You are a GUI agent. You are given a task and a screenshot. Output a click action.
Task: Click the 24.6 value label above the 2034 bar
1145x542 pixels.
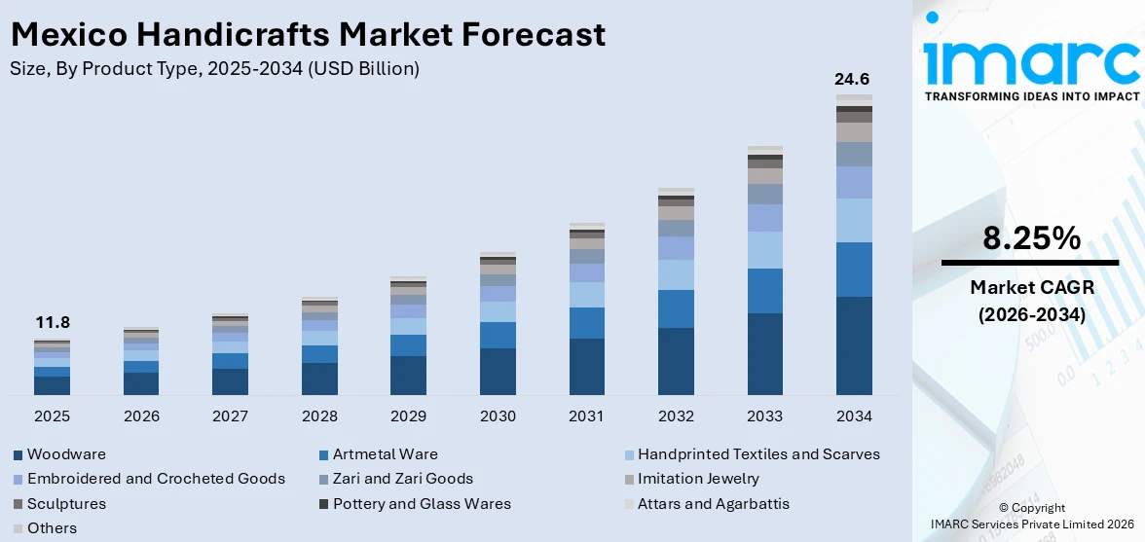pos(854,80)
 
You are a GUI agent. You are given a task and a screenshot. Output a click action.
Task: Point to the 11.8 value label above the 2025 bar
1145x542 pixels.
pos(52,323)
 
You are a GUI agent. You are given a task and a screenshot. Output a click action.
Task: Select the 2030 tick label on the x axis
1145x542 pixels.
pos(498,416)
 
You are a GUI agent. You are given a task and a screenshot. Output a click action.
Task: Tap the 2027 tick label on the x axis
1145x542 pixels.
pos(231,416)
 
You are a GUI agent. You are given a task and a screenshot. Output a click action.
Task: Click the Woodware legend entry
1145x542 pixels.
pos(66,454)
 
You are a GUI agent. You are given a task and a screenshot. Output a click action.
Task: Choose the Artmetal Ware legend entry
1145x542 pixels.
pos(385,454)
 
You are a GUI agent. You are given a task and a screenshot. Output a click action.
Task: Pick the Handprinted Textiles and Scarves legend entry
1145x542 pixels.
pos(758,454)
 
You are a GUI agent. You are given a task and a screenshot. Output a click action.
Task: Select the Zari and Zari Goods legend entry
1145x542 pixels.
pos(402,479)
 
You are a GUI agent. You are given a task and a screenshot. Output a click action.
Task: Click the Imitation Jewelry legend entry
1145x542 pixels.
pos(698,479)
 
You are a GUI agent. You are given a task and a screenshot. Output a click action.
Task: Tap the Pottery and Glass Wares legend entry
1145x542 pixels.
pos(422,504)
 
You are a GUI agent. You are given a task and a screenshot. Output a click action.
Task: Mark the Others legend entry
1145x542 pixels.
pos(52,528)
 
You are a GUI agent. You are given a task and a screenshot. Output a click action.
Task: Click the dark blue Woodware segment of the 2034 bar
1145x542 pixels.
pos(854,345)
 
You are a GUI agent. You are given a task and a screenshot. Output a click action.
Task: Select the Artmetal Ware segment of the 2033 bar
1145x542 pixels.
pos(764,291)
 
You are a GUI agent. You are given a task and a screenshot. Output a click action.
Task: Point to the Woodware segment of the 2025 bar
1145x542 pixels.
pos(52,385)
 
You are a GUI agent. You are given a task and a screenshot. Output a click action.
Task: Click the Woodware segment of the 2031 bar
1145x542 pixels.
pos(586,367)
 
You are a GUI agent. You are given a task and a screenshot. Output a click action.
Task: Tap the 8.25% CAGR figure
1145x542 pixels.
pos(1031,238)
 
